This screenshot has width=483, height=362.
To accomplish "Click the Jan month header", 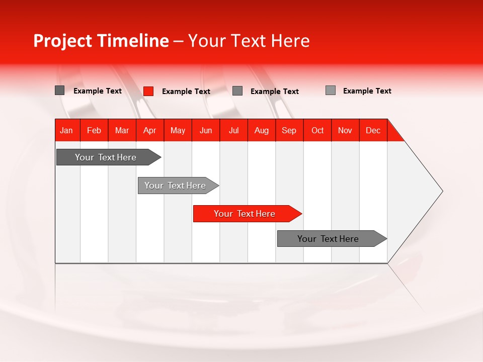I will tap(67, 130).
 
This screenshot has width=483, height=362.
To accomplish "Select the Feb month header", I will tap(94, 130).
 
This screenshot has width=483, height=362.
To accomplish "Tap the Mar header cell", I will tap(122, 130).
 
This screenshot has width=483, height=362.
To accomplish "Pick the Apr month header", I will tap(150, 130).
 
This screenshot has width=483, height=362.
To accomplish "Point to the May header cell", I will tap(178, 130).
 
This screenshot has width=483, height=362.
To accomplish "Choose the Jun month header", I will tap(206, 130).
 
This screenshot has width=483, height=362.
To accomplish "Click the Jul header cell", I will tap(233, 130).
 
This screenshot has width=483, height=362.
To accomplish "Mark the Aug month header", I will tap(262, 130).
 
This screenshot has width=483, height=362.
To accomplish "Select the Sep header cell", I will tap(289, 130).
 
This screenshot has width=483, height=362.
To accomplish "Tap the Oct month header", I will tap(317, 130).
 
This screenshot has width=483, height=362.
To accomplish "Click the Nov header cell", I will tap(345, 130).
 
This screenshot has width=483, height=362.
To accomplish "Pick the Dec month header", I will tap(373, 130).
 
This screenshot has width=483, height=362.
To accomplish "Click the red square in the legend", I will tap(148, 91).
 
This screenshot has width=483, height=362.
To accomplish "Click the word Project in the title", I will tap(63, 41).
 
